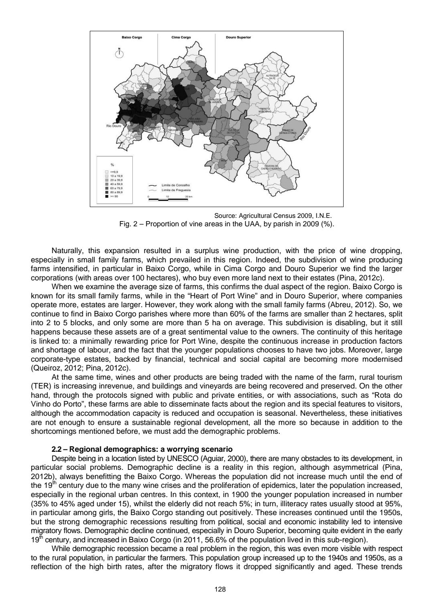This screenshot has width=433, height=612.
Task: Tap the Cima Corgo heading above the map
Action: pos(181,37)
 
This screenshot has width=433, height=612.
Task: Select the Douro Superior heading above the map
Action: pos(239,37)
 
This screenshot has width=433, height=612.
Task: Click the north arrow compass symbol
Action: pos(119,54)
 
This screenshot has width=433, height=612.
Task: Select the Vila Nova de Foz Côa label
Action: pos(233,132)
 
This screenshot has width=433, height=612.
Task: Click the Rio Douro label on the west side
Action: pos(113,126)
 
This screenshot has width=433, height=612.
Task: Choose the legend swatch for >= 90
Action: pos(107,196)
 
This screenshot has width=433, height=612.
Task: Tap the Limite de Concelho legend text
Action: pos(173,185)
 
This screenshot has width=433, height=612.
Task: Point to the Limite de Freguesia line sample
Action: pos(152,190)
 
